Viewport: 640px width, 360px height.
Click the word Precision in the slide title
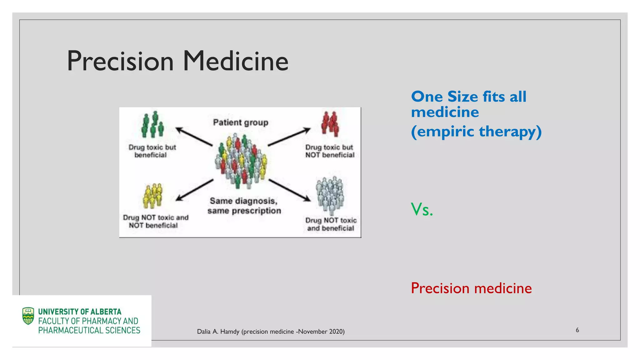click(120, 61)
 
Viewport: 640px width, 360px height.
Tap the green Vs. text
click(422, 209)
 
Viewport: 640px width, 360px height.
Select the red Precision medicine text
click(471, 288)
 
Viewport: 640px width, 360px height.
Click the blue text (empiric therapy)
click(476, 132)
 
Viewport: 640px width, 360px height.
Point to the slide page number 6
click(577, 330)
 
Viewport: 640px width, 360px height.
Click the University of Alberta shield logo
click(28, 316)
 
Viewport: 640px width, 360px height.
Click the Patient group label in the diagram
click(241, 122)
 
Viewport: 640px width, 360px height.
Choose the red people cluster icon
click(330, 124)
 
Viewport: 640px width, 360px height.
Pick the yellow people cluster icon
click(152, 196)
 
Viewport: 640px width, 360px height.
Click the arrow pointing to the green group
click(194, 137)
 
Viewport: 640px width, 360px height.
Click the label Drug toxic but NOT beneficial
click(330, 151)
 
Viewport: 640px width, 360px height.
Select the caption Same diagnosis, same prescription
click(244, 206)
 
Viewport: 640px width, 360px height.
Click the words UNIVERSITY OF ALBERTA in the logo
click(80, 312)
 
